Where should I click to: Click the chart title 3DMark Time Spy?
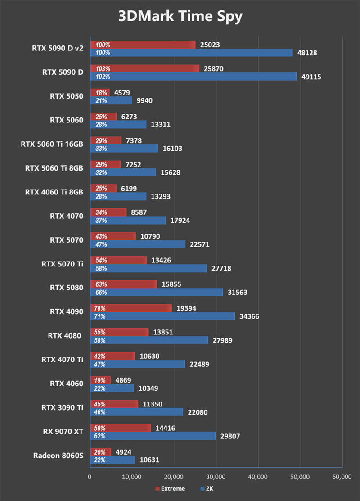pos(180,17)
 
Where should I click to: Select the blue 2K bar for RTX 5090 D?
pos(193,77)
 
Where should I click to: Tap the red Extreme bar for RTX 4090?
pos(131,308)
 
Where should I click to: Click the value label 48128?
pos(307,53)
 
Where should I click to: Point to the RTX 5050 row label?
pos(67,96)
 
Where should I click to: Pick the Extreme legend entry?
pos(170,488)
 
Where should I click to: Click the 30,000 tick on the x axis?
pos(216,477)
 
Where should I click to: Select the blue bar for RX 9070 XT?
pos(153,436)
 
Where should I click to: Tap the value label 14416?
pos(166,428)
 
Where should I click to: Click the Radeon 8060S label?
pos(58,455)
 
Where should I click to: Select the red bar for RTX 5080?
pos(124,284)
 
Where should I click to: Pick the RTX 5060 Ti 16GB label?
pos(52,144)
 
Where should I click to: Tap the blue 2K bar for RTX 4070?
pos(128,220)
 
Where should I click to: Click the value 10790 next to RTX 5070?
pos(150,236)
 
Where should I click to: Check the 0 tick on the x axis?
pos(90,477)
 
